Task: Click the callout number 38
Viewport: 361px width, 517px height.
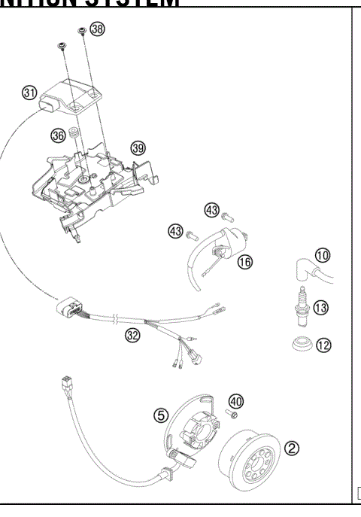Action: tap(97, 29)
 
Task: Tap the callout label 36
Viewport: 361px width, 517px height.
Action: tap(59, 135)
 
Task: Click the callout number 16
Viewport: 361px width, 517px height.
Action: tap(244, 261)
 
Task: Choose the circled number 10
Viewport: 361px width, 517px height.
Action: tap(322, 255)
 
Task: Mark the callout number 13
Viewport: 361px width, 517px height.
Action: tap(321, 307)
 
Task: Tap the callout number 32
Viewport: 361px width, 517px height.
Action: tap(133, 336)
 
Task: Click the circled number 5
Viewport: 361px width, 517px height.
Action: tap(161, 415)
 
